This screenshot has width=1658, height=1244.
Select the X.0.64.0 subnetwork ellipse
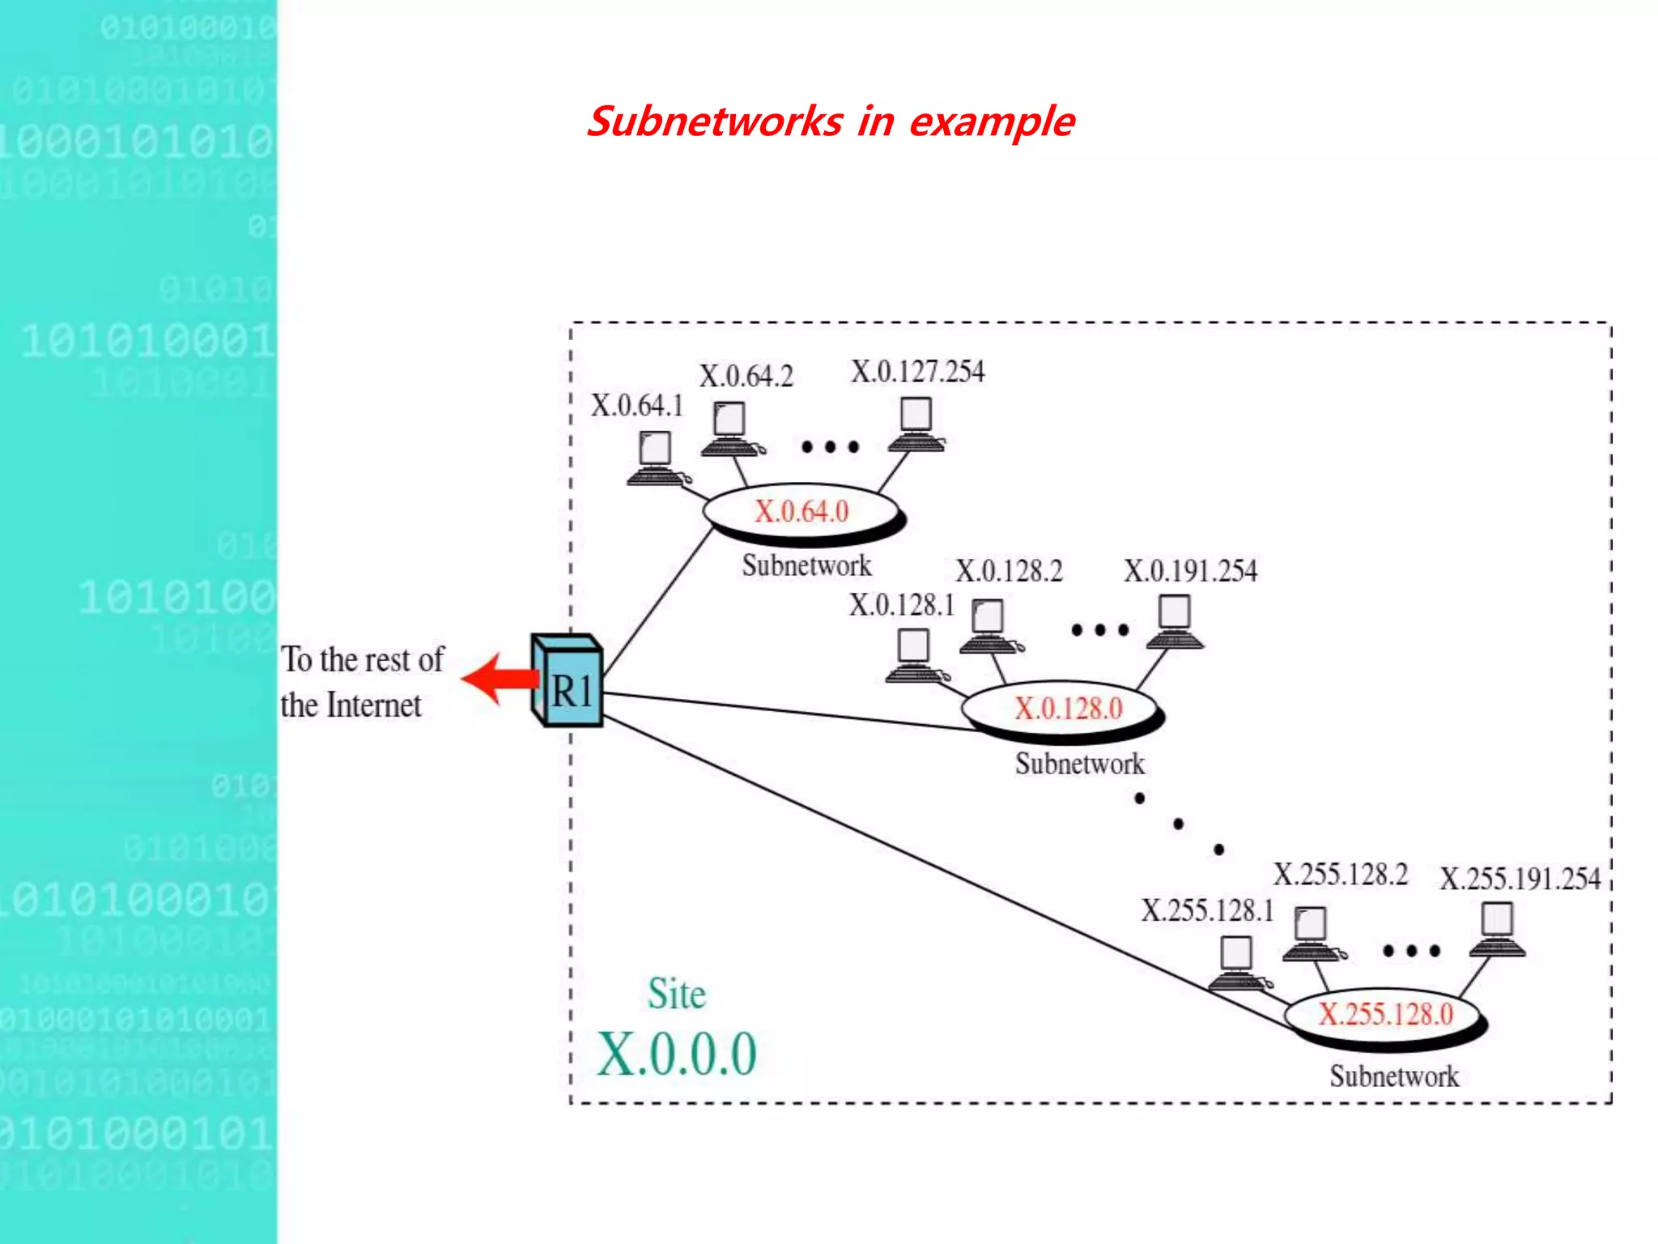tap(801, 511)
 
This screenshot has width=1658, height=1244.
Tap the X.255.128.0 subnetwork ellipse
tap(1385, 1014)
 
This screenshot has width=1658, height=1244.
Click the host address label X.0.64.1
tap(637, 406)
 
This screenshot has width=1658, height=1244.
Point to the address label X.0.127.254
tap(917, 372)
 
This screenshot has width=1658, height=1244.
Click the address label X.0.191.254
tap(1190, 571)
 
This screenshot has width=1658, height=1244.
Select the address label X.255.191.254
tap(1520, 879)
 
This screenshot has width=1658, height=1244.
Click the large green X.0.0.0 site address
tap(677, 1054)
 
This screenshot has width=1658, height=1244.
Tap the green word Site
tap(677, 994)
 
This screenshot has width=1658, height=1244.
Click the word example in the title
tap(992, 121)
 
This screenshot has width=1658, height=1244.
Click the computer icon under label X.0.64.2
tap(730, 429)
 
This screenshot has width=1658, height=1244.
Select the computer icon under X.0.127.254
tap(916, 424)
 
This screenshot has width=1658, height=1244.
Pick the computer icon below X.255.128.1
tap(1236, 963)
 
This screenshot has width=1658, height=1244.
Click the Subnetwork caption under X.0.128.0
tap(1079, 764)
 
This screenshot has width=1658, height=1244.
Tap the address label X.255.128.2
tap(1341, 875)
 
